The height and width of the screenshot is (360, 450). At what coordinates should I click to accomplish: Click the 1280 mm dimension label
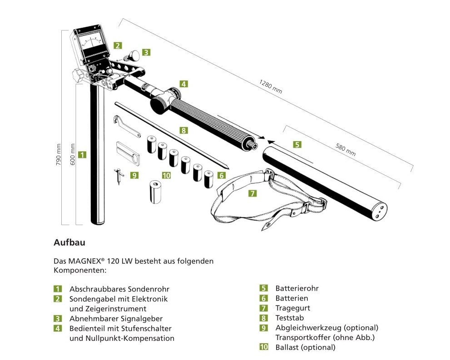pos(271,86)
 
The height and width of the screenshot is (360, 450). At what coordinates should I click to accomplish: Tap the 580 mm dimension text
pos(346,149)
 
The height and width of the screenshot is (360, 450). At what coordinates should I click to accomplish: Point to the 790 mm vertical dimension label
pos(58,154)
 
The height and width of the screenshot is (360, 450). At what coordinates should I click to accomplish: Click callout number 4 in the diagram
pos(183,84)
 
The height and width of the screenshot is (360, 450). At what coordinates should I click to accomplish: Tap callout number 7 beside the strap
pos(252,193)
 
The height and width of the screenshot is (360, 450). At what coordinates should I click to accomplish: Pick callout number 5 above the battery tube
pos(297,144)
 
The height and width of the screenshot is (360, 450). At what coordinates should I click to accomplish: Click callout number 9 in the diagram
pos(134,175)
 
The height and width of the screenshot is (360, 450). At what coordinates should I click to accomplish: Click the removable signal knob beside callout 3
pos(132,56)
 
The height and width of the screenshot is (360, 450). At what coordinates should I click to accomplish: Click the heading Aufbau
pos(69,242)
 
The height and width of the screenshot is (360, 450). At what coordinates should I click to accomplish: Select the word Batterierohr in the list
pos(297,288)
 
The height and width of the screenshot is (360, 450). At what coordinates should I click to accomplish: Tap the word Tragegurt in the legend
pos(293,308)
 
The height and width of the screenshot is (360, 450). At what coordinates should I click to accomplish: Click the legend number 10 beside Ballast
pos(264,347)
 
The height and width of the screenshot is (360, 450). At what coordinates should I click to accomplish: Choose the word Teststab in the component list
pos(290,318)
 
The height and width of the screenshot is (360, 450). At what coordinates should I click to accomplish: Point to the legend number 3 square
pos(58,319)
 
